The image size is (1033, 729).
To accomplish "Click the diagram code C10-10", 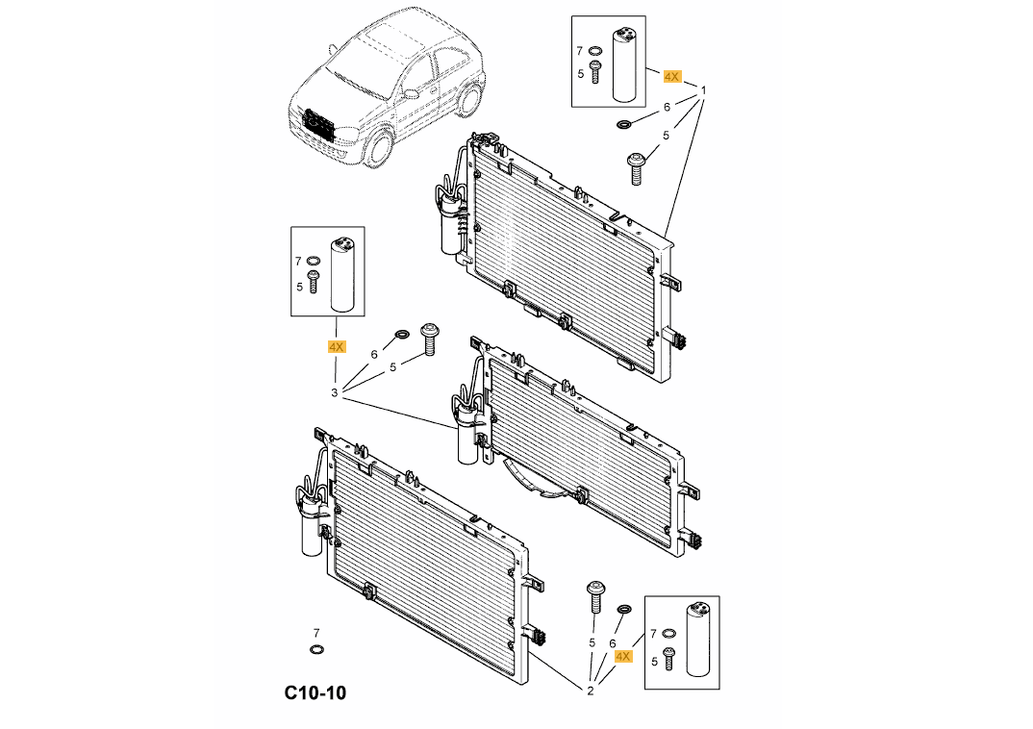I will click(315, 692).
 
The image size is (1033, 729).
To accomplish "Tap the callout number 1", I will click(703, 91).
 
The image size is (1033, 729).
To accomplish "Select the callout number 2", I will click(591, 690).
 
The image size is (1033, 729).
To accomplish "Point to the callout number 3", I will click(335, 392).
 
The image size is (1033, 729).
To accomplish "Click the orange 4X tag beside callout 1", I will click(671, 75).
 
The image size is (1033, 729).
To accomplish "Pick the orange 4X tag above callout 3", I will click(336, 346).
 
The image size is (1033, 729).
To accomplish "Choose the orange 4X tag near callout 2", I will click(622, 656).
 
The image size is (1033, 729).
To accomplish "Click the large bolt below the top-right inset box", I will click(635, 168).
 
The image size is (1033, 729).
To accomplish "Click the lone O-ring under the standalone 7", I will click(316, 650).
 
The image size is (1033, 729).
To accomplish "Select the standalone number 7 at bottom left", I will click(315, 632).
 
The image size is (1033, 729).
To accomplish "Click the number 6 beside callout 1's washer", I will click(667, 108).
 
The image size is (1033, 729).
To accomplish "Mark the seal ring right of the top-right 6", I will click(624, 123).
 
